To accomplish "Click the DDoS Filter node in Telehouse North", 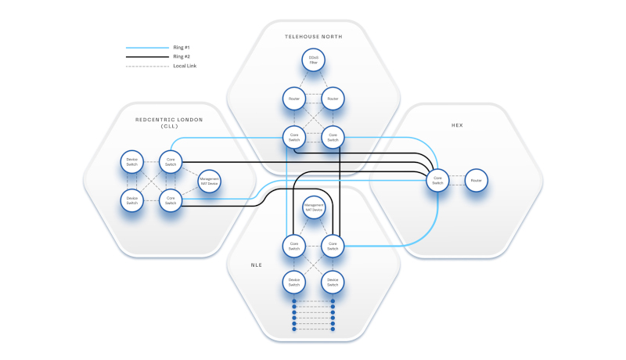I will tap(313, 59).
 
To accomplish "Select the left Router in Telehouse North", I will tap(293, 99).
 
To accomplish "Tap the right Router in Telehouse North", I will tap(333, 99).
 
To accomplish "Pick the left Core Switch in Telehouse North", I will tap(293, 138).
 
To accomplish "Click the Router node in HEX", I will tap(476, 181).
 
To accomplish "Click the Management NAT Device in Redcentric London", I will tap(209, 181).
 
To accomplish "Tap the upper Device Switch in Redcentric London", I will tap(132, 162).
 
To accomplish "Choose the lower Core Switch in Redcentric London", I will tap(171, 200).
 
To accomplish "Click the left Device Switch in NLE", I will tap(293, 280).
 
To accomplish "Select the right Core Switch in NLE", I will tap(333, 246).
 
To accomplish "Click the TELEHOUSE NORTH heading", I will tap(313, 37).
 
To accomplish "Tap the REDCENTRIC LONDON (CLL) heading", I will tap(169, 120).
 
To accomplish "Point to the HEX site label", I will tap(458, 125).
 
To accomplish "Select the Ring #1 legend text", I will tap(182, 48).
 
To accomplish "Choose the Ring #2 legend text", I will tap(182, 57).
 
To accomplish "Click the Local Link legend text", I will tap(185, 67).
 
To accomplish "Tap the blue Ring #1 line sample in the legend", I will tap(147, 48).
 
